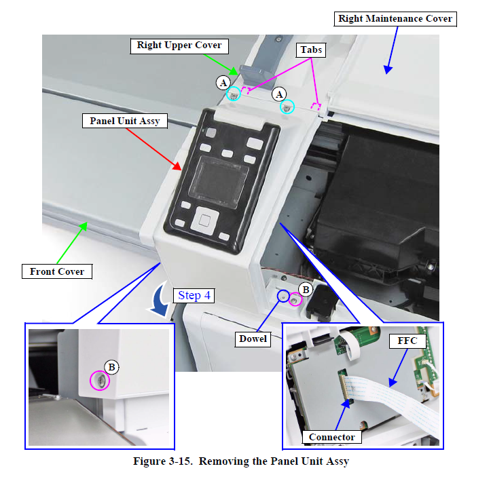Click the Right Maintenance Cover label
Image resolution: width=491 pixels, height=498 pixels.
pyautogui.click(x=395, y=19)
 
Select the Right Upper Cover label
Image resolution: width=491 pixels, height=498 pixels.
pyautogui.click(x=179, y=45)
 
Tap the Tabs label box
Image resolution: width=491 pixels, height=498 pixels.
pyautogui.click(x=312, y=50)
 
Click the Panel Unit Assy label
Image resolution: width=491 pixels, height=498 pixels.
pyautogui.click(x=125, y=121)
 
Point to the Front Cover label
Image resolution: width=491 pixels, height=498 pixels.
pyautogui.click(x=57, y=271)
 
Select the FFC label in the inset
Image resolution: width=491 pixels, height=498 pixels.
pyautogui.click(x=407, y=340)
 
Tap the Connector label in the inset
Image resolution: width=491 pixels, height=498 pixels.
pyautogui.click(x=331, y=437)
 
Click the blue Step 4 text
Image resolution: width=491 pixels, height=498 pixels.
pyautogui.click(x=195, y=296)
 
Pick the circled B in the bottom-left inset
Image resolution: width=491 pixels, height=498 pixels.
pyautogui.click(x=112, y=367)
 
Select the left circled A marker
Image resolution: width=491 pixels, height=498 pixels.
pyautogui.click(x=222, y=83)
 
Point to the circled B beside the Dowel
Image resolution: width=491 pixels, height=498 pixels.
pyautogui.click(x=306, y=290)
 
